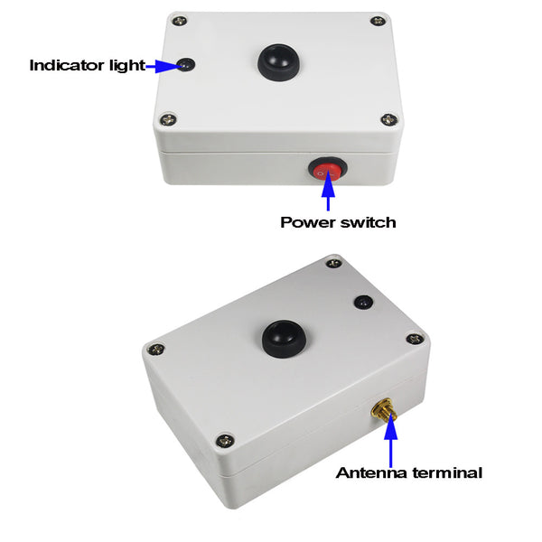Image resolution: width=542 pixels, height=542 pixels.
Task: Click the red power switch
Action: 328,170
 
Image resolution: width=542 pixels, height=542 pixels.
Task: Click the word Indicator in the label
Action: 67,65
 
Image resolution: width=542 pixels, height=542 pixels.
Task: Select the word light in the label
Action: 127,65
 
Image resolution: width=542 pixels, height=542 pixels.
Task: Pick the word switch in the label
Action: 369,222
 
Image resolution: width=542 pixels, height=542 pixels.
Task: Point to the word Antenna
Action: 371,472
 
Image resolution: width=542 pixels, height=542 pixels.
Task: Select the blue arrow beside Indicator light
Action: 164,66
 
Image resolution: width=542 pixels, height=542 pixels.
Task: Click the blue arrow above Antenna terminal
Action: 391,439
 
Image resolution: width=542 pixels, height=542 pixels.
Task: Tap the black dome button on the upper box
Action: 278,62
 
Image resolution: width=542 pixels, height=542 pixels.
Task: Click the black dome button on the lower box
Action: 285,339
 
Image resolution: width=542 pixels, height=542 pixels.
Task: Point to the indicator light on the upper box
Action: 186,65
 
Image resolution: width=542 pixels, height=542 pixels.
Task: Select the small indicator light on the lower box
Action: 364,302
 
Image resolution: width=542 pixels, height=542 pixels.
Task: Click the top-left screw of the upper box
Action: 180,21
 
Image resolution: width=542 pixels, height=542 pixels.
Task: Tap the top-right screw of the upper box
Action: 378,21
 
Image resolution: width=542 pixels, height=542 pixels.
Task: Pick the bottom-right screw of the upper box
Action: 389,120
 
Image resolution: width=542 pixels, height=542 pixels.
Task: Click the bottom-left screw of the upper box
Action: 168,119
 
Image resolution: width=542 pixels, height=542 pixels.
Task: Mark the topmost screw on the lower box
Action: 334,264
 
